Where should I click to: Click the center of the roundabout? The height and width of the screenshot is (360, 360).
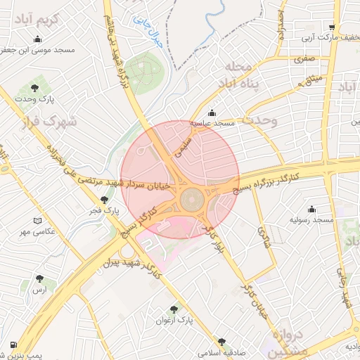coord(191,200)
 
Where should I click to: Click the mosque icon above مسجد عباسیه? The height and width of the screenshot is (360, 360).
coord(212,112)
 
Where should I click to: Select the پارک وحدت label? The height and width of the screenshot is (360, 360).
coord(35,99)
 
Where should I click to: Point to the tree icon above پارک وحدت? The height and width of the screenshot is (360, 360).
coord(35,89)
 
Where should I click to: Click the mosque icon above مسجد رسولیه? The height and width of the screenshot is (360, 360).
coord(311,210)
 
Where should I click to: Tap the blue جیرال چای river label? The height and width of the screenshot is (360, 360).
coord(149,32)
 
